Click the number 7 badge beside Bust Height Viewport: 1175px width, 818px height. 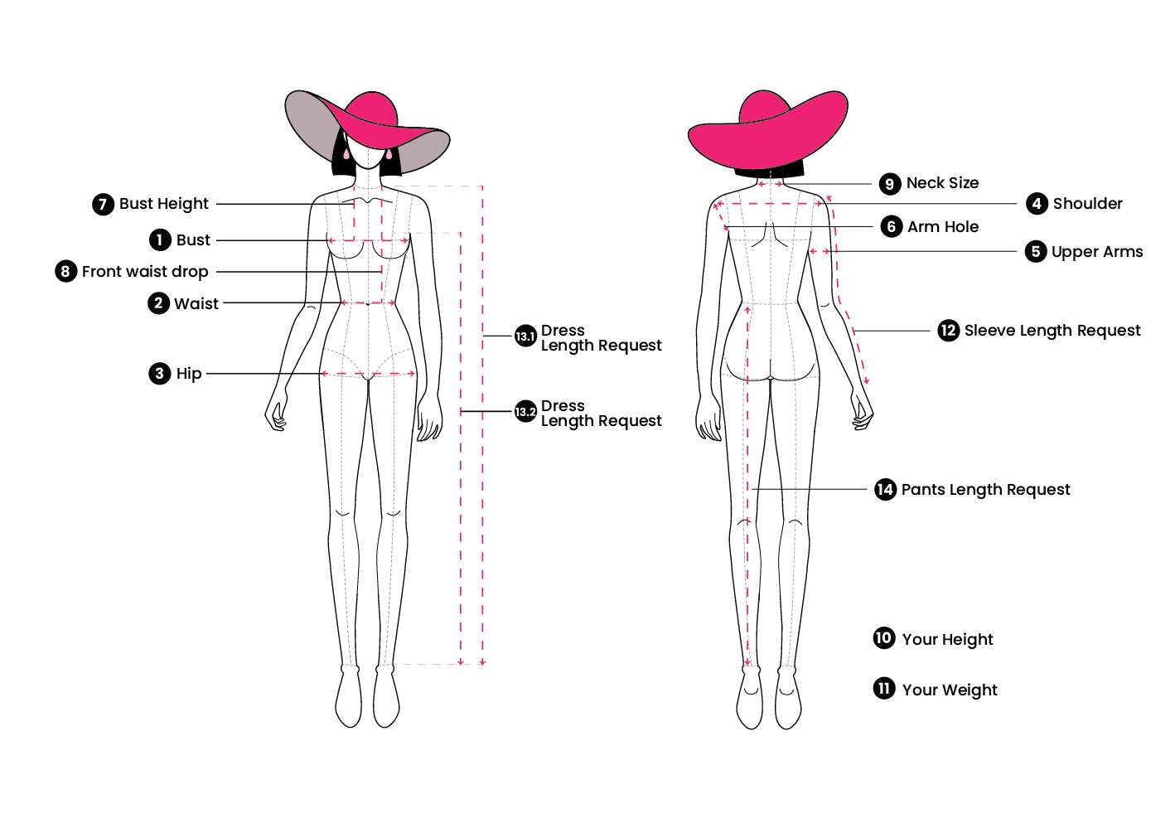click(x=103, y=204)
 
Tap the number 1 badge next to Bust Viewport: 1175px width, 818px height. click(x=160, y=240)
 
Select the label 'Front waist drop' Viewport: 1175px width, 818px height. click(x=145, y=272)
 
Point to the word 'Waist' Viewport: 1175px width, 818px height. click(x=196, y=304)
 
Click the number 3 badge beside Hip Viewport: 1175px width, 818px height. click(x=159, y=374)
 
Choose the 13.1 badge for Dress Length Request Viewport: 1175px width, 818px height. click(x=525, y=336)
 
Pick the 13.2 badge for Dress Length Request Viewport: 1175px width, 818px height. click(x=525, y=411)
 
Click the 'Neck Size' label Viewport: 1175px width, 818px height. click(x=942, y=183)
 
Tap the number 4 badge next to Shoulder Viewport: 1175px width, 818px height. click(x=1037, y=204)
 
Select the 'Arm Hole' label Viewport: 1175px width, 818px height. click(x=943, y=226)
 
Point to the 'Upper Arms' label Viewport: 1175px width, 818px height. click(x=1097, y=252)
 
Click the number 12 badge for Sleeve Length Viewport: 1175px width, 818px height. click(x=949, y=331)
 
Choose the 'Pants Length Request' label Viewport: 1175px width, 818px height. click(x=985, y=490)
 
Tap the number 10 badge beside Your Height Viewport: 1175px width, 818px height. click(x=884, y=638)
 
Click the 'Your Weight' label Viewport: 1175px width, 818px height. click(x=950, y=690)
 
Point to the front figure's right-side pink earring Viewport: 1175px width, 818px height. click(x=389, y=155)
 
